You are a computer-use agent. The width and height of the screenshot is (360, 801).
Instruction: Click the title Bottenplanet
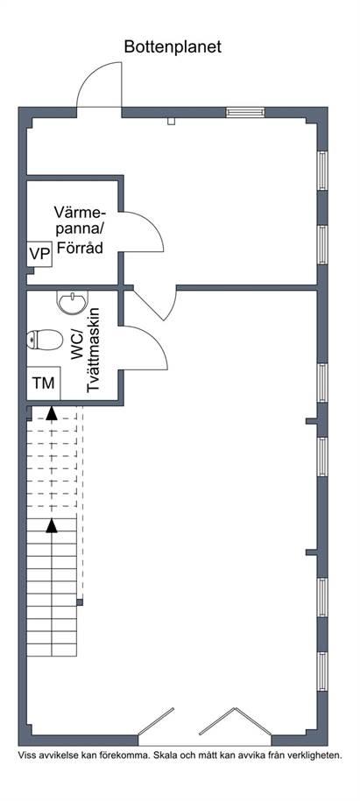[173, 47]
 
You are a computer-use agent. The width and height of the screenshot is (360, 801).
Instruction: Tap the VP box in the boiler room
[40, 254]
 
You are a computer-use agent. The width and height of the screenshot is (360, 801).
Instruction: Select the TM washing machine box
[44, 383]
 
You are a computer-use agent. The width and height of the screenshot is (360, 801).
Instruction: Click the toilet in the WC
[45, 339]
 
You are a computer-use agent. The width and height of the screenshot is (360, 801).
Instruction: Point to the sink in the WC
[73, 303]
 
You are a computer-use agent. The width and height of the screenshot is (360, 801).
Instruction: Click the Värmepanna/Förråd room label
[79, 230]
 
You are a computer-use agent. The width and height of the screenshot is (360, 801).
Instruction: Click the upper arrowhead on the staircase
[51, 413]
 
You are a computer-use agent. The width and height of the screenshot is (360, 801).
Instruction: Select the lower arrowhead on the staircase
[51, 525]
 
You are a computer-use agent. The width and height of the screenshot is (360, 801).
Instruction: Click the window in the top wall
[245, 112]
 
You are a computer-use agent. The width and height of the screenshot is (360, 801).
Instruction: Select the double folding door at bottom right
[235, 721]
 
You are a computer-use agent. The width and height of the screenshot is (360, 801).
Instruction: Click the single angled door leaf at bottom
[156, 720]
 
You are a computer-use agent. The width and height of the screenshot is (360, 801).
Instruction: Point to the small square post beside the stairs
[80, 602]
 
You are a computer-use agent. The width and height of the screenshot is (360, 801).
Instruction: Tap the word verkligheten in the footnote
[316, 755]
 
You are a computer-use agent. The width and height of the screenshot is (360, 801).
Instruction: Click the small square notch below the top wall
[172, 121]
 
